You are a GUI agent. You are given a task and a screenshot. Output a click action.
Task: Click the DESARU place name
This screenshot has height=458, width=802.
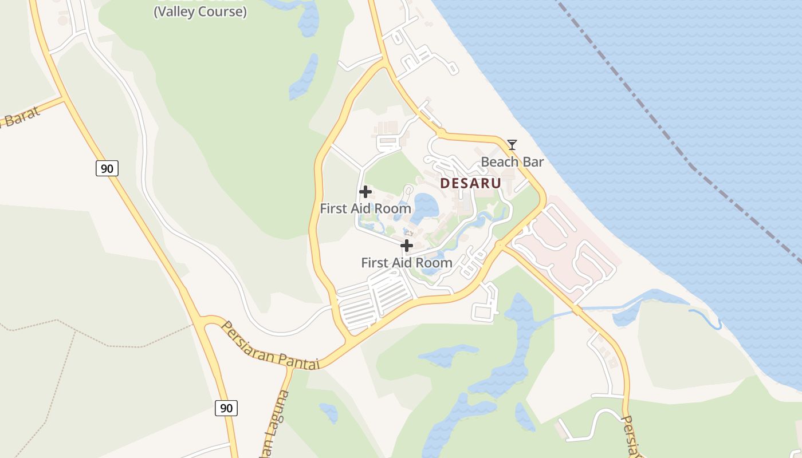coord(470,183)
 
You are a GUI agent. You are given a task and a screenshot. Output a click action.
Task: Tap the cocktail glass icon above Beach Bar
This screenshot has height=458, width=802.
coord(512,144)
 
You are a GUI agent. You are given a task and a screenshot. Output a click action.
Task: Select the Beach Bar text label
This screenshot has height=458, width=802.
coord(512,162)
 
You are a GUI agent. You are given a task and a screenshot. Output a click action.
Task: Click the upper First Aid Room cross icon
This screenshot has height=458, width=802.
coord(365,192)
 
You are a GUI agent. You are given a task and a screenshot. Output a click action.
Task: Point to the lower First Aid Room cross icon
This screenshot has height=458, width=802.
coord(407,246)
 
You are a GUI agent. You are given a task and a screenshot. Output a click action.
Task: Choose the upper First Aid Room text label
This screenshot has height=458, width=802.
coord(365,208)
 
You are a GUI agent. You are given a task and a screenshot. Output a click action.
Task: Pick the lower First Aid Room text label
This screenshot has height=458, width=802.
coord(407,263)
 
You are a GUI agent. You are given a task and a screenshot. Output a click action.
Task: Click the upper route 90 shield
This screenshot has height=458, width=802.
coord(107,168)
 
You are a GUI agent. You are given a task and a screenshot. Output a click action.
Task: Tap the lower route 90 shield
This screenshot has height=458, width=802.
coord(226,408)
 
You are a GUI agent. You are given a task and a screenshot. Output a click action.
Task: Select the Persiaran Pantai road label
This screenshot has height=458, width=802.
coord(269,346)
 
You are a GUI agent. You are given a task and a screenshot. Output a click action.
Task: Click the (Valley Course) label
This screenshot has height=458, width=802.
coord(200,11)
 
